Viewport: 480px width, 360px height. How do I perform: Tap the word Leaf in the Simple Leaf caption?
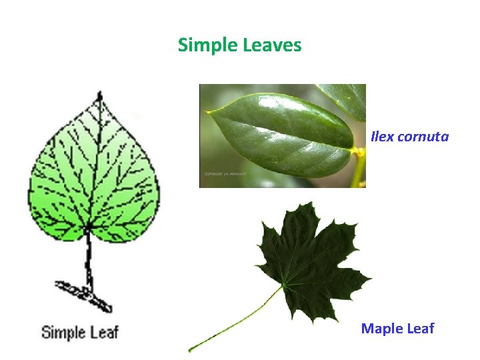pos(104,331)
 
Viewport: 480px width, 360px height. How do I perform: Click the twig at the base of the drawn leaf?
pos(84,293)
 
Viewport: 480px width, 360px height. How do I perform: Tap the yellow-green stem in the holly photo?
pos(359,167)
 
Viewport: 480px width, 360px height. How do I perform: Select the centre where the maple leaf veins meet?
pos(284,285)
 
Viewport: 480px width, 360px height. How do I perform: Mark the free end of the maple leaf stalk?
pos(190,349)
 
